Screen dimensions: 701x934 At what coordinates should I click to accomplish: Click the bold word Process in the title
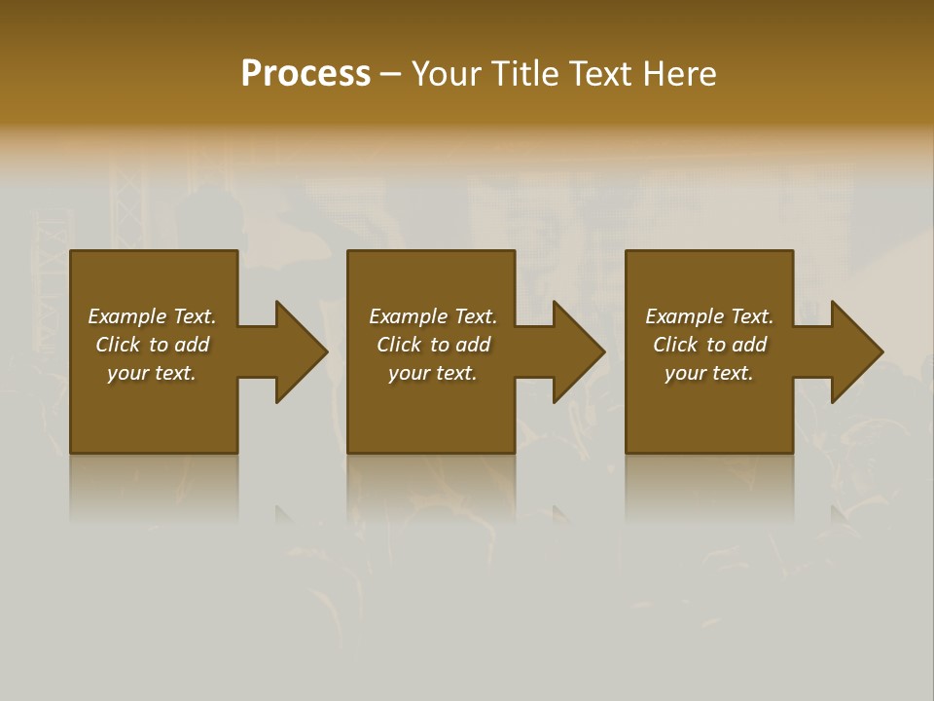pos(305,74)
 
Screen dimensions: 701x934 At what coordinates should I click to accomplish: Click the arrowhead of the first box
pos(300,352)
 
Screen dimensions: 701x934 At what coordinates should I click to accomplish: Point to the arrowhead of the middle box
pos(578,352)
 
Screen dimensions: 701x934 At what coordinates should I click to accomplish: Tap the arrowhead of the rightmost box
pos(855,352)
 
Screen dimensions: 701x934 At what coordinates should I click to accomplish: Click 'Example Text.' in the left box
pos(152,316)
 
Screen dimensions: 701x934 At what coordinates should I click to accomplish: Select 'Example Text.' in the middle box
pos(433,316)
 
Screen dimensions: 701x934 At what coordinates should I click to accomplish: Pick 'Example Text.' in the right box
pos(709,316)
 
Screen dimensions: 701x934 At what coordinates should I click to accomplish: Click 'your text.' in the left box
pos(152,373)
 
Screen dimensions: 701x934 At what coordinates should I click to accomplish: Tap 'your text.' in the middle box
pos(433,373)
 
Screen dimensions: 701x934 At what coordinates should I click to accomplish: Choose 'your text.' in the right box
pos(709,373)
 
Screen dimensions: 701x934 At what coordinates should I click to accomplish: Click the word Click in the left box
pos(118,345)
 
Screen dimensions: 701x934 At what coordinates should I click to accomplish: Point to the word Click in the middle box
pos(399,345)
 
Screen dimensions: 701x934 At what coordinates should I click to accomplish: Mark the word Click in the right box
pos(675,345)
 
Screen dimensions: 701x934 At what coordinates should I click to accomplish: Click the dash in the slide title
pos(391,75)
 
